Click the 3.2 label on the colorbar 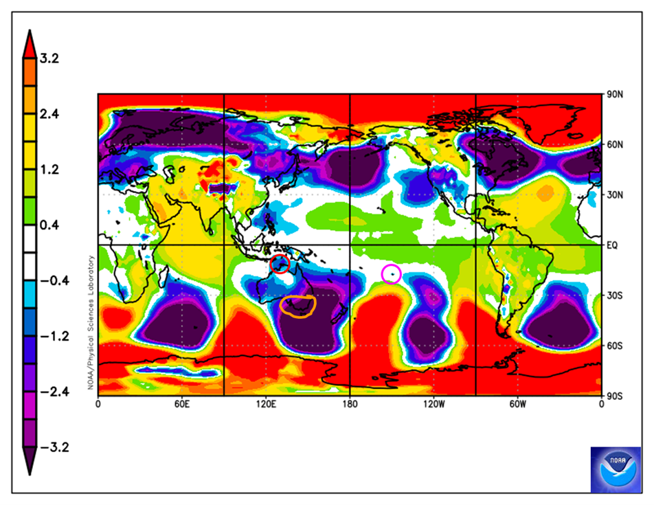(49, 59)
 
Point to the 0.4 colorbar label (49, 225)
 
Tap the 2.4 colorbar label (49, 115)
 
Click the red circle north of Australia (280, 264)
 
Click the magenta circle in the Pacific (391, 273)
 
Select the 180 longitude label (350, 405)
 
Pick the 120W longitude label (433, 405)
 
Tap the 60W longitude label (518, 405)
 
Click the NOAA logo (616, 469)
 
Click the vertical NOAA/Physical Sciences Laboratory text (90, 323)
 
